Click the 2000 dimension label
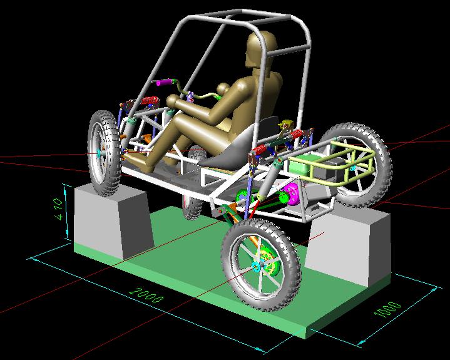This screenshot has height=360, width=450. [x=146, y=296]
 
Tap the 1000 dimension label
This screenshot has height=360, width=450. [x=387, y=309]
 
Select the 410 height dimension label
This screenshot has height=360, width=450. [x=58, y=208]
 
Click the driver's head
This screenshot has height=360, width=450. [x=261, y=48]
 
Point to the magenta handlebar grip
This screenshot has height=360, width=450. [x=165, y=83]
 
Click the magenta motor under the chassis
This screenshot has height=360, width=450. [x=291, y=195]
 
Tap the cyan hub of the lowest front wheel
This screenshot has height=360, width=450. [x=256, y=267]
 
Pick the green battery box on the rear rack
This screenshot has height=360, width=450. [x=301, y=165]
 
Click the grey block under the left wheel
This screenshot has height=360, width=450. [x=113, y=221]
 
